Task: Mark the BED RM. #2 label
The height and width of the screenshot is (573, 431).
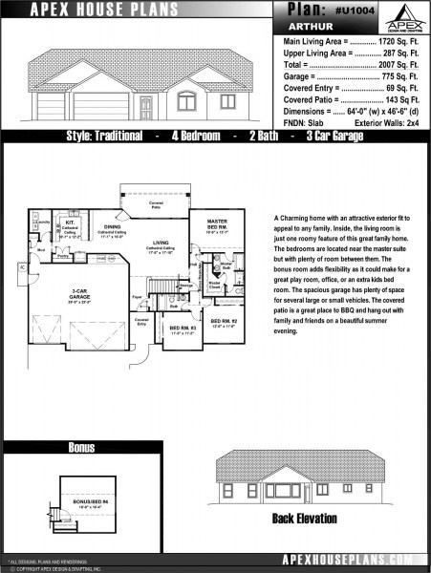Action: pos(224,321)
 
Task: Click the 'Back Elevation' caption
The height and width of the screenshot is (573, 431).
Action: pos(305,519)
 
